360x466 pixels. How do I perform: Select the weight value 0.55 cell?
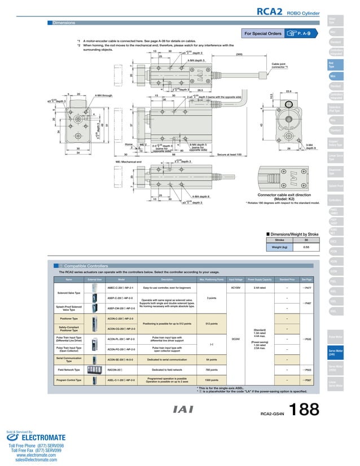tap(306, 247)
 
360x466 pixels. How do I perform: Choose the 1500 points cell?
tap(212, 380)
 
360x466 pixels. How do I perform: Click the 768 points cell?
tap(212, 370)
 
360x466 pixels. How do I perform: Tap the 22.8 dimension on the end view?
tap(288, 90)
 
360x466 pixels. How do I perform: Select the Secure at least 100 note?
tap(229, 154)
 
